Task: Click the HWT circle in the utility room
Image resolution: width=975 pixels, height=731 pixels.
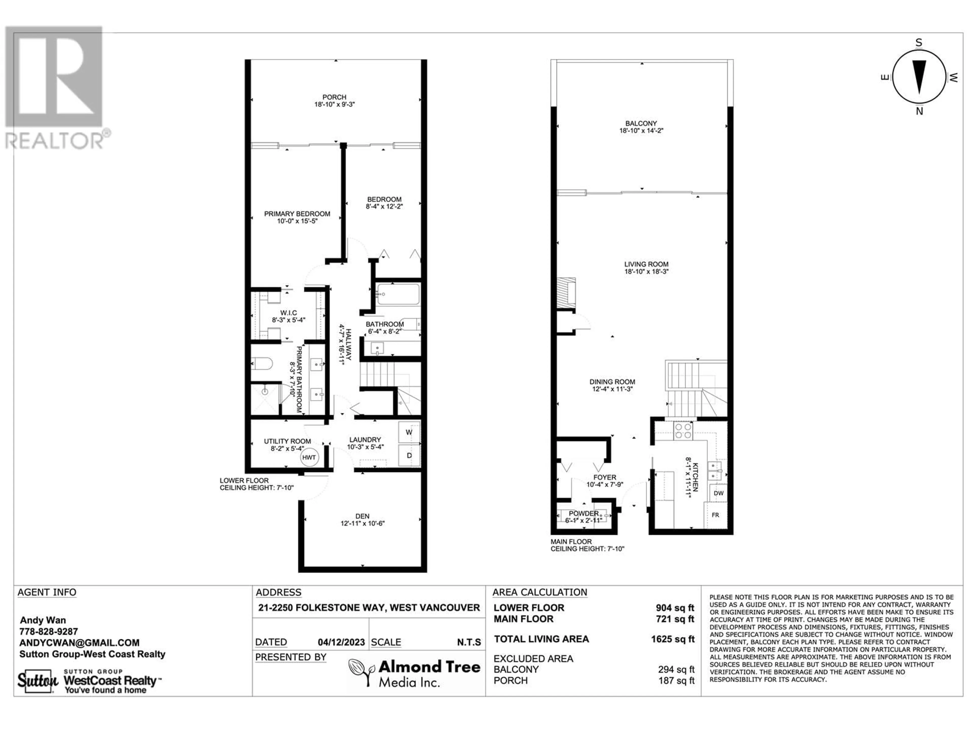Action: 309,457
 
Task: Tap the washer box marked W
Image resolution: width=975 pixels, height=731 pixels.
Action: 409,432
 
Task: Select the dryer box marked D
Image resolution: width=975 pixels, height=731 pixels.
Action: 409,455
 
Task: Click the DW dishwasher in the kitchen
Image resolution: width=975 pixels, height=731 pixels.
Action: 719,493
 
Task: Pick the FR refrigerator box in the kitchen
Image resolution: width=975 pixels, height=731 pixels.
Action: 716,515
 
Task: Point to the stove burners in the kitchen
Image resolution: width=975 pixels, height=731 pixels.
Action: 683,431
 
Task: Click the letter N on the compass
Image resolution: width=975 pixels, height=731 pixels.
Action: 919,111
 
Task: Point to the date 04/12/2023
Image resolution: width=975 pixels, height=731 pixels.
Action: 341,642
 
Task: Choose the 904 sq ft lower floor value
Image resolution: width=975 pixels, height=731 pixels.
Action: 675,608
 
